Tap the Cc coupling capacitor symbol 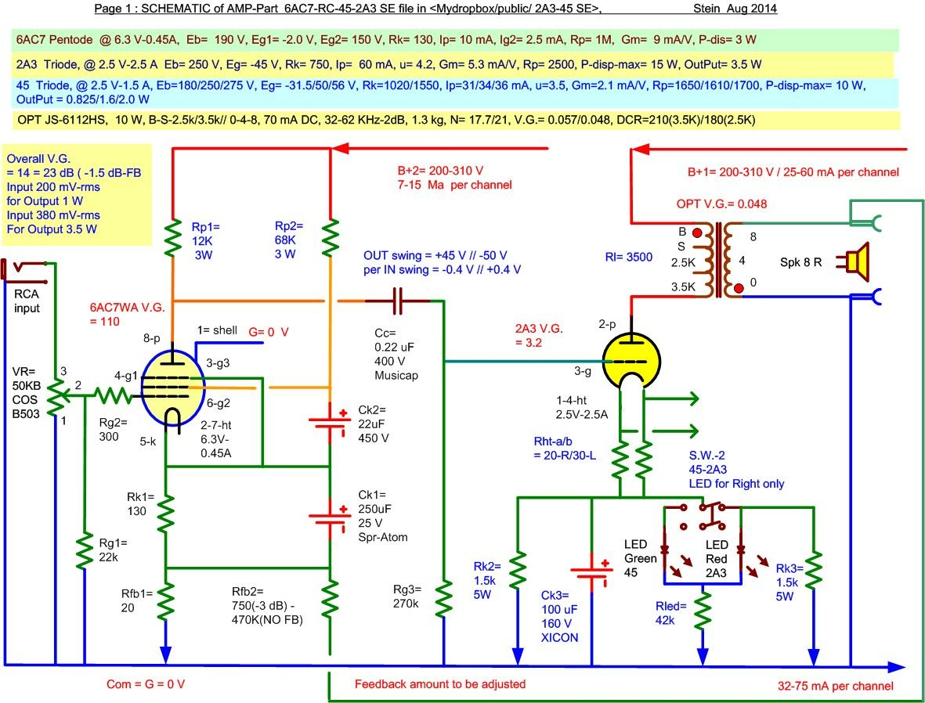point(398,300)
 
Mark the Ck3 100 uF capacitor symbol point(592,575)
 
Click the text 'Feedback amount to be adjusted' point(440,684)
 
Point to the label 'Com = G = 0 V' point(146,684)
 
